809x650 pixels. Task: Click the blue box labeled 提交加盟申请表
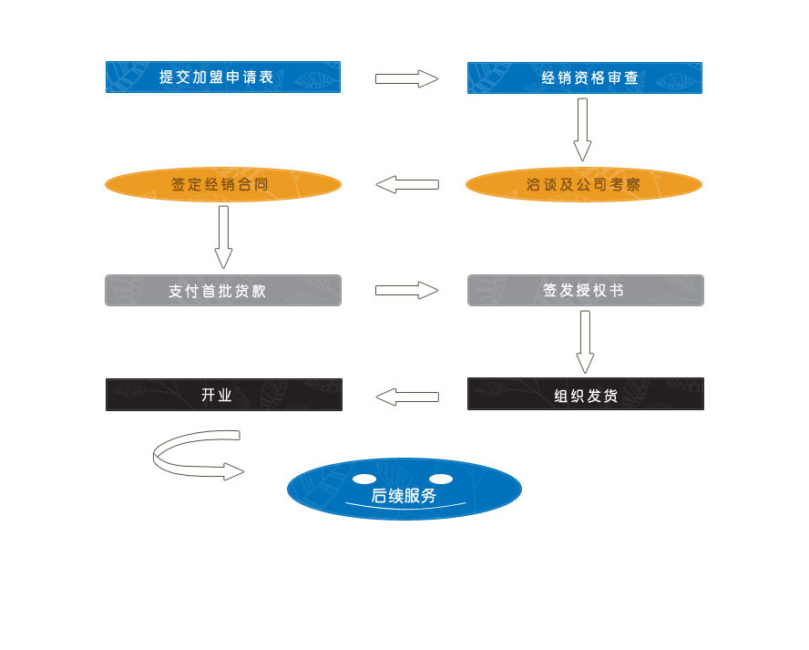tap(223, 77)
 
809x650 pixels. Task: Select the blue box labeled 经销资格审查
tap(585, 77)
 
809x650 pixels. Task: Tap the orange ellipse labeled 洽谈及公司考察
tap(584, 185)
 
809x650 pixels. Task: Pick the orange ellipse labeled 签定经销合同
tap(223, 185)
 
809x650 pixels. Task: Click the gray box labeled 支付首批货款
tap(223, 291)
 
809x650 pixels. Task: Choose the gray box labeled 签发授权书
tap(585, 291)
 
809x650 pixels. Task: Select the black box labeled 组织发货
tap(585, 395)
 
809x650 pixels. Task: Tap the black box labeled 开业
tap(223, 395)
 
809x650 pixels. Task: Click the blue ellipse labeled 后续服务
tap(404, 490)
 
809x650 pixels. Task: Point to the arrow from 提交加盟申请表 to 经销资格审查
tap(406, 78)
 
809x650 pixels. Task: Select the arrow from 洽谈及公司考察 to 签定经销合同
tap(406, 185)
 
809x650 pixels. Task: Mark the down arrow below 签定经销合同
tap(223, 237)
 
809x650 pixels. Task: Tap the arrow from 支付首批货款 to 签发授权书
tap(406, 291)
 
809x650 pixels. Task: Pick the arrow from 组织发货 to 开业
tap(406, 397)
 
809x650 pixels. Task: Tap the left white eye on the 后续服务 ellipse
tap(364, 479)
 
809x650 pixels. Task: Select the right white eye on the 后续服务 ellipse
tap(441, 479)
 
